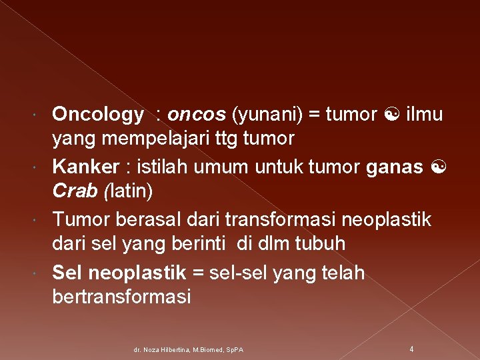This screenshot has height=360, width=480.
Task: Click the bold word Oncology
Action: coord(97,115)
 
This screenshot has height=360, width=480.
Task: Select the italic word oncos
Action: coord(197,115)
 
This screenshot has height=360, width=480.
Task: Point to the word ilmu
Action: coord(424,115)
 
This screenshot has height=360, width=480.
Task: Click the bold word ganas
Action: coord(393,165)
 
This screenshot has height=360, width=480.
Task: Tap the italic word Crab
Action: coord(73,191)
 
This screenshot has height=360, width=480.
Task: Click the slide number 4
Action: coord(411,349)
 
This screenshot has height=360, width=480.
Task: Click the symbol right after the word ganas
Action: coord(437,166)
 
